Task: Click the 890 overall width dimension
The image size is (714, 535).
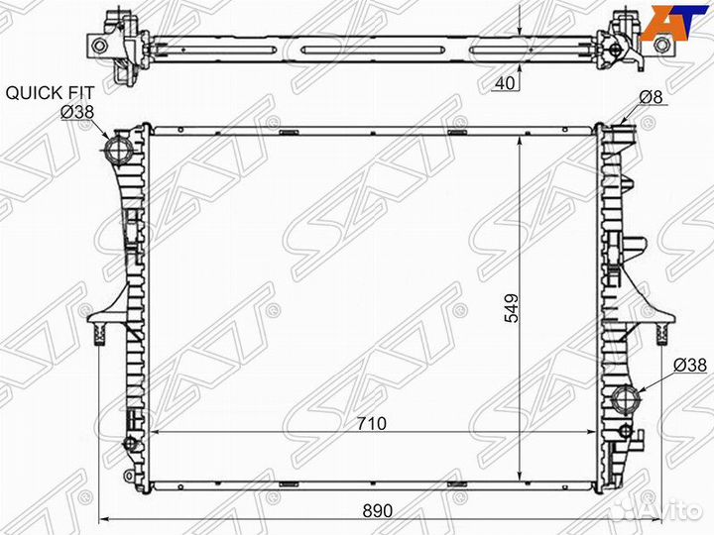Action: [x=378, y=510]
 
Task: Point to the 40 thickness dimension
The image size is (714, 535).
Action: [x=504, y=84]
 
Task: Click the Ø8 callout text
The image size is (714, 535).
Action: [x=651, y=97]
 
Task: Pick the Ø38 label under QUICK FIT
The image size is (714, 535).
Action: [x=76, y=112]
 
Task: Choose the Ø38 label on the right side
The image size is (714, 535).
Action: [x=689, y=366]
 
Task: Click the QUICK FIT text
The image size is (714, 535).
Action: [x=51, y=93]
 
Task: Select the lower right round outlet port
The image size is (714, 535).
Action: [x=627, y=402]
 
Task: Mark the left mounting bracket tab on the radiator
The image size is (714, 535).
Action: [x=99, y=321]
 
